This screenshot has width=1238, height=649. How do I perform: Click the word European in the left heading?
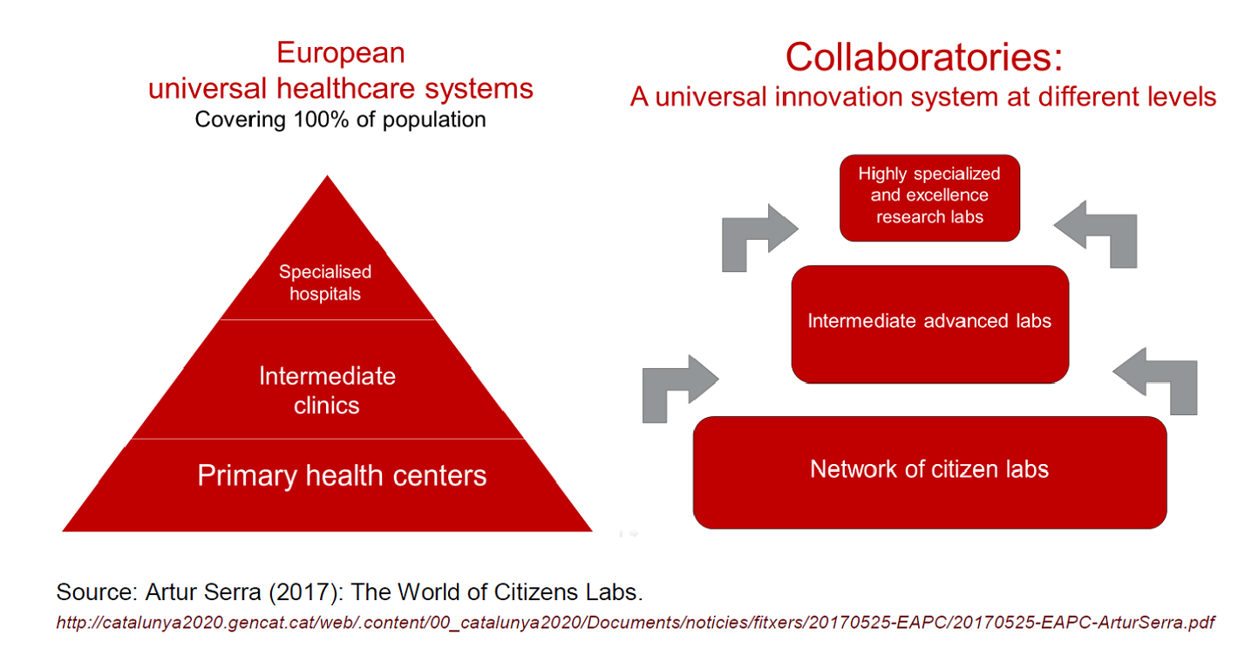pyautogui.click(x=340, y=54)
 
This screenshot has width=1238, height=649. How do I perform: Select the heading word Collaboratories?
pyautogui.click(x=917, y=57)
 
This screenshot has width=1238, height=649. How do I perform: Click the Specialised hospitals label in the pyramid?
pyautogui.click(x=325, y=283)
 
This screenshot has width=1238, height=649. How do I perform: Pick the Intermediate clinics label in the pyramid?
pyautogui.click(x=327, y=390)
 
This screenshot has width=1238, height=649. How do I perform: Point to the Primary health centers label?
pyautogui.click(x=342, y=476)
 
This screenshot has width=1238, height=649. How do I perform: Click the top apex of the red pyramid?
pyautogui.click(x=327, y=176)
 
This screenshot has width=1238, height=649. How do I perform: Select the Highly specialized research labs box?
pyautogui.click(x=929, y=198)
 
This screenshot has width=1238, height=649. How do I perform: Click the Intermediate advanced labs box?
pyautogui.click(x=929, y=324)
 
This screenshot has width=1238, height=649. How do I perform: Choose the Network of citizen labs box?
pyautogui.click(x=929, y=473)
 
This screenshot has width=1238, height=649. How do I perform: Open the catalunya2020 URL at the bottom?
pyautogui.click(x=636, y=623)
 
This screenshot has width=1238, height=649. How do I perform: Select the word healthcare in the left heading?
pyautogui.click(x=345, y=88)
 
